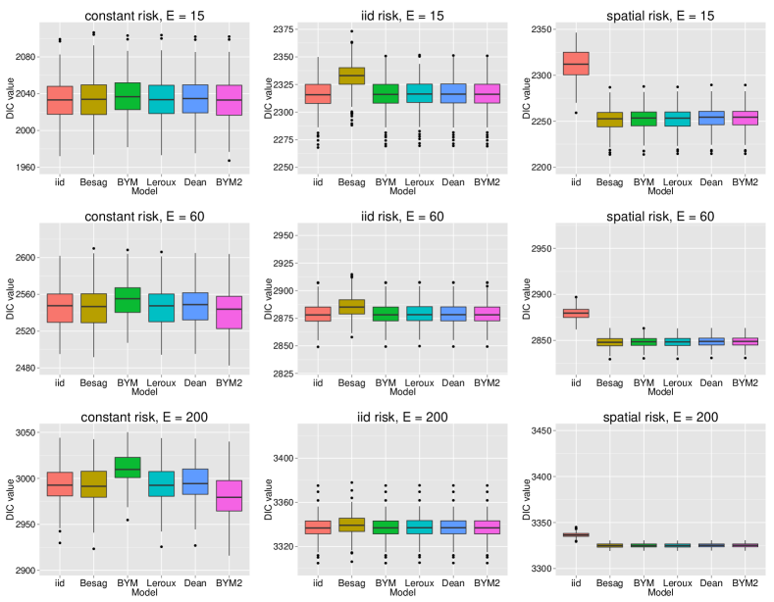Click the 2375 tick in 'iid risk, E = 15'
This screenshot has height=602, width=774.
[284, 30]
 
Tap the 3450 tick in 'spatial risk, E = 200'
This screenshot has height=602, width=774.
[547, 430]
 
